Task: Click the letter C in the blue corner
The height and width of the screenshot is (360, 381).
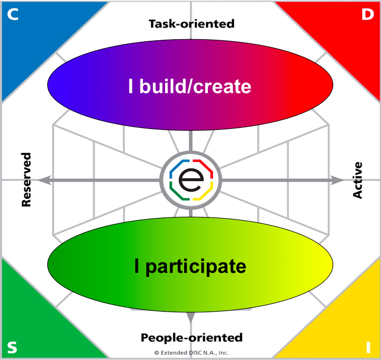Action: pyautogui.click(x=13, y=15)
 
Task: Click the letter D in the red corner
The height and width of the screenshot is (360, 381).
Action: pyautogui.click(x=367, y=15)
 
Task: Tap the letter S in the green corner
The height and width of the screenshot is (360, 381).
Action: pyautogui.click(x=13, y=347)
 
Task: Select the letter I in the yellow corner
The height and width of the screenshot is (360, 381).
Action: pyautogui.click(x=368, y=347)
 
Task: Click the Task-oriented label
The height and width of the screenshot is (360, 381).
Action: pyautogui.click(x=191, y=24)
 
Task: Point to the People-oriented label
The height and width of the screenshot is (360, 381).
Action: pyautogui.click(x=191, y=337)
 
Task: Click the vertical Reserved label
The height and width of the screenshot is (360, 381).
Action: pyautogui.click(x=26, y=180)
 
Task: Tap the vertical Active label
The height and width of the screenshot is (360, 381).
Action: pyautogui.click(x=357, y=180)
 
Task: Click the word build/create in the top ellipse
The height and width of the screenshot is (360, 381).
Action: pyautogui.click(x=196, y=87)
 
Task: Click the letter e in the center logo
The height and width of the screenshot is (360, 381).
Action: pyautogui.click(x=190, y=180)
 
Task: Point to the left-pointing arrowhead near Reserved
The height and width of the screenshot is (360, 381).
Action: pyautogui.click(x=43, y=180)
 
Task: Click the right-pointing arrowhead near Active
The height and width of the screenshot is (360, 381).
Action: pyautogui.click(x=335, y=180)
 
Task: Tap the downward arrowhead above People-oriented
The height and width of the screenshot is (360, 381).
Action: pyautogui.click(x=191, y=318)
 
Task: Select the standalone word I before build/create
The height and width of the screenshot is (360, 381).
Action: pyautogui.click(x=130, y=87)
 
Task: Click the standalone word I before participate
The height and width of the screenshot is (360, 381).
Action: pyautogui.click(x=137, y=266)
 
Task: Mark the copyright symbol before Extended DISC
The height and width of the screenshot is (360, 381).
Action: pyautogui.click(x=157, y=352)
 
